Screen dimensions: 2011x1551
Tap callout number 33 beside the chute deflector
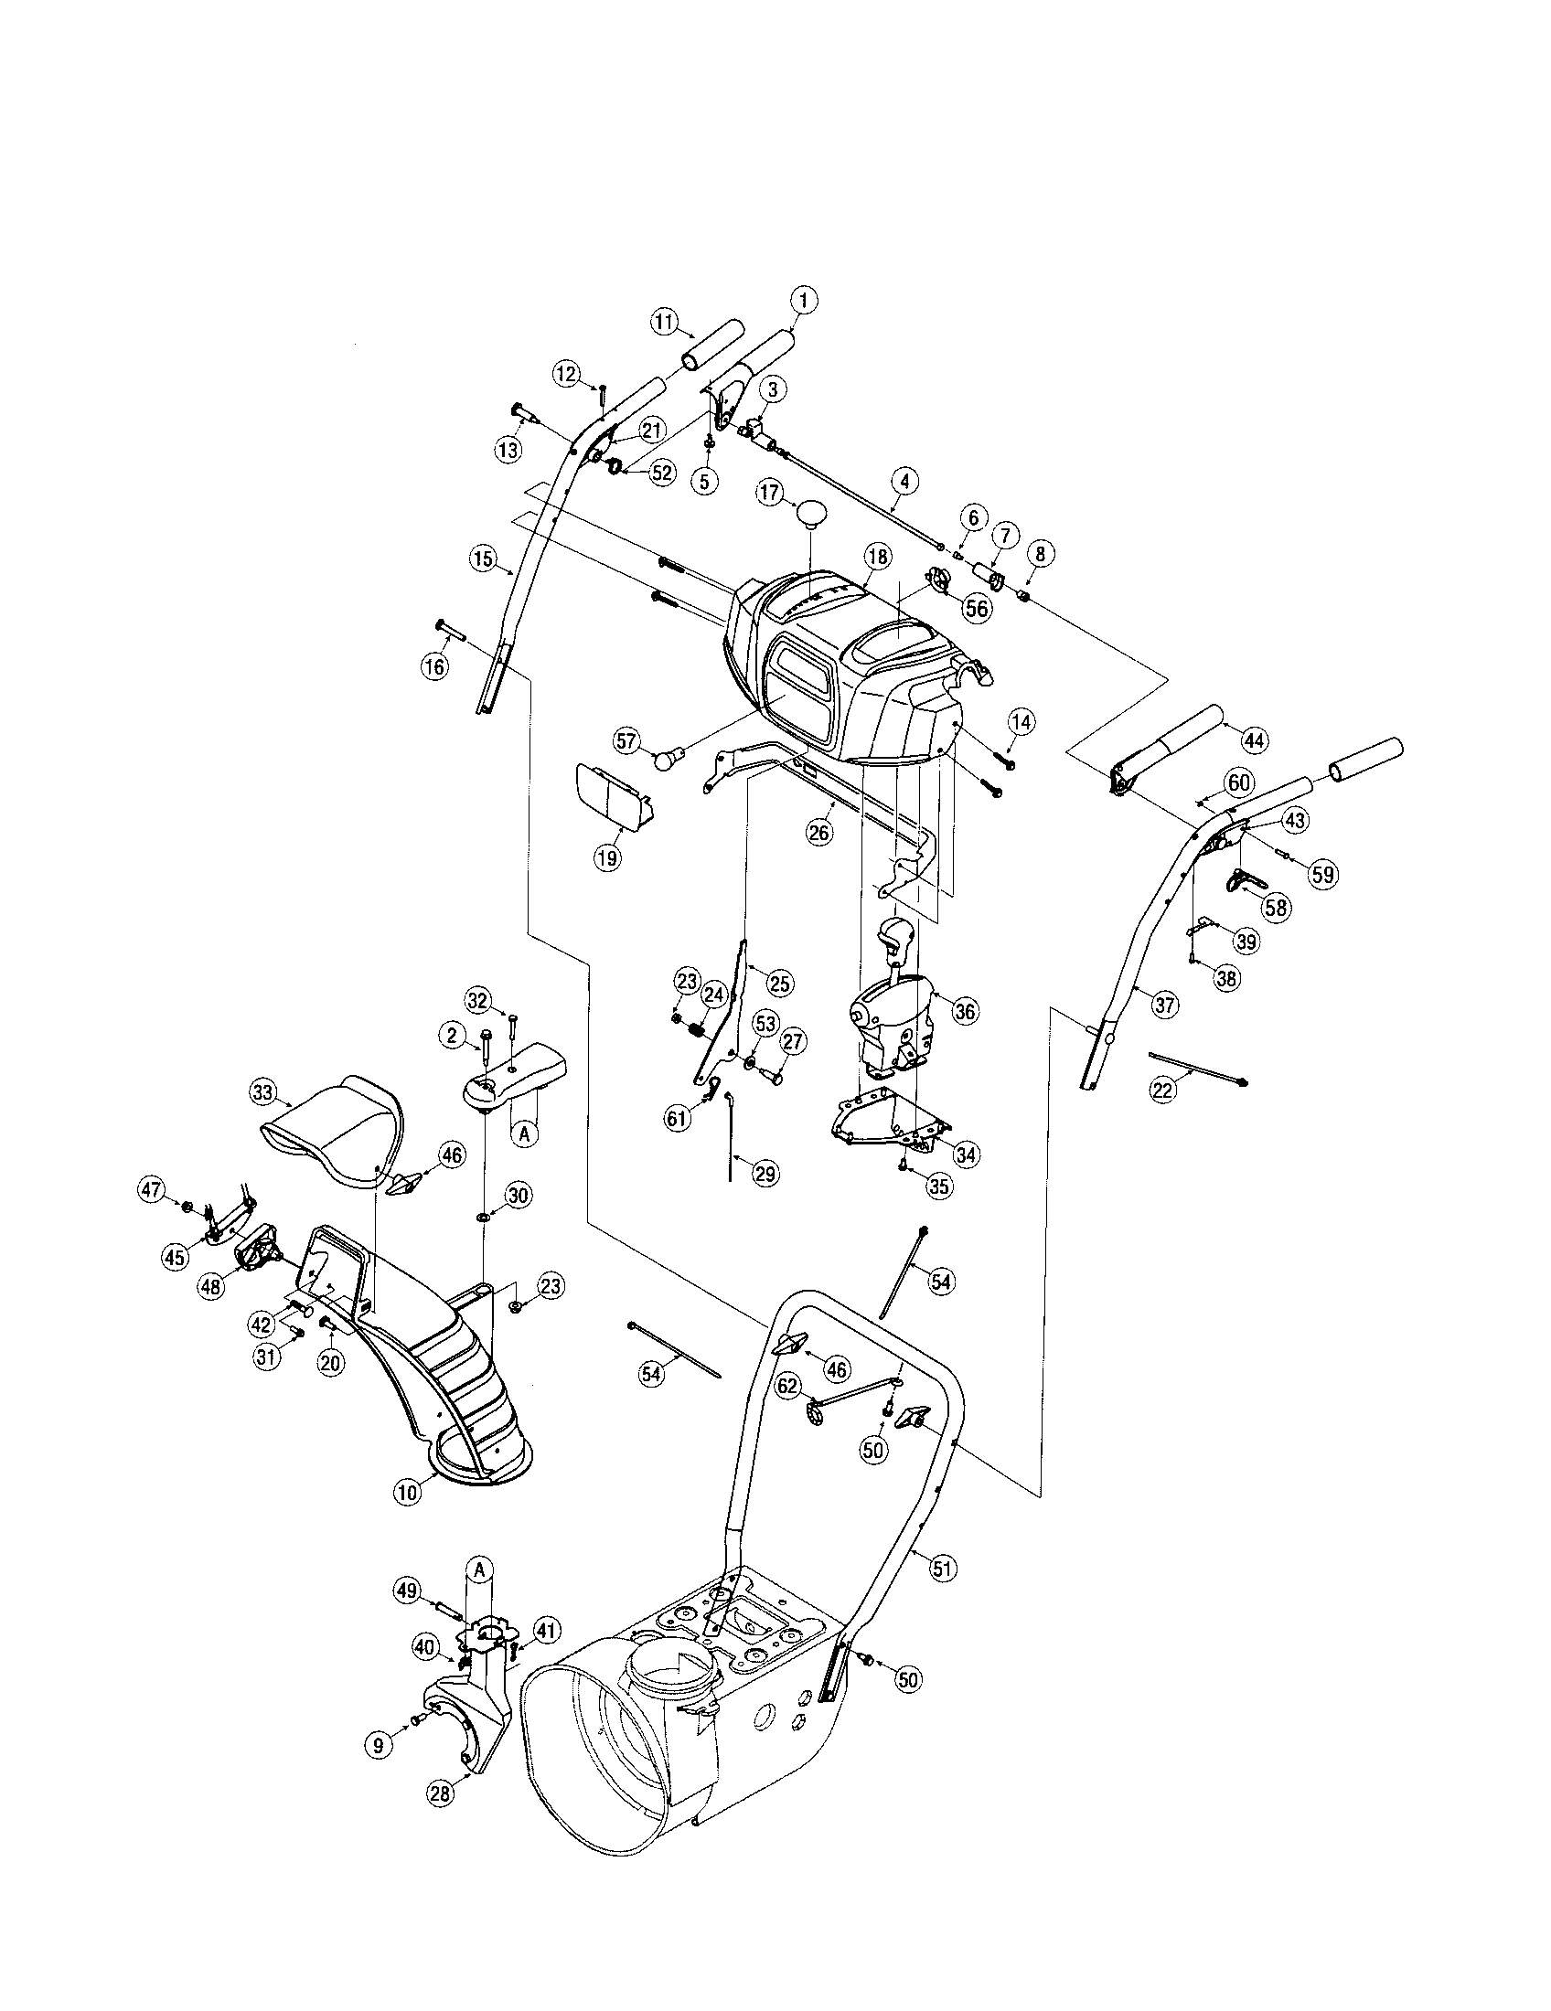263,1093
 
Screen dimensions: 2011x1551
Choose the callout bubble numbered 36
964,1011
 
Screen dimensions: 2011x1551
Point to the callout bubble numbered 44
1255,739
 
